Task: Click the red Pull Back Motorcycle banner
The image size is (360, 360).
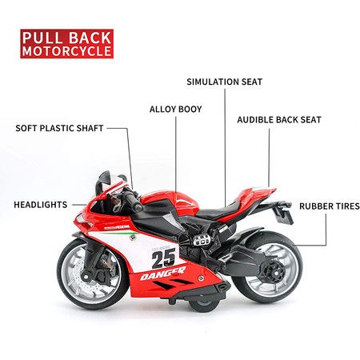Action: click(67, 44)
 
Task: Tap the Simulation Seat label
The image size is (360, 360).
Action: click(225, 82)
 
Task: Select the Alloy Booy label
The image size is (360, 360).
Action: click(175, 110)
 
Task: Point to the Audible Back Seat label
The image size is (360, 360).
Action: click(279, 120)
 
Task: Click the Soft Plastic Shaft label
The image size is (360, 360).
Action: click(59, 128)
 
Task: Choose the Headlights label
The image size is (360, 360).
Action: click(41, 205)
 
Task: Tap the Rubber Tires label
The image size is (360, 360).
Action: click(330, 206)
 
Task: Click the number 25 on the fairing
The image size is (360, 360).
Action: click(163, 258)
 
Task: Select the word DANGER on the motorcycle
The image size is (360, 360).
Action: click(162, 274)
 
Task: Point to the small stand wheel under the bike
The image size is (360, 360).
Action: click(203, 304)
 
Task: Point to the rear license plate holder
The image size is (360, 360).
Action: click(282, 213)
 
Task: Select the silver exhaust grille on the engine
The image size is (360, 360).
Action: click(202, 240)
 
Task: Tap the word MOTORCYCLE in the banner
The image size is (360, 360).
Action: click(67, 51)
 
